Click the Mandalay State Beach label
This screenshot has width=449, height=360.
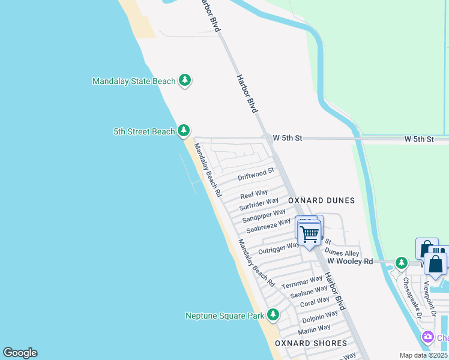tap(134, 81)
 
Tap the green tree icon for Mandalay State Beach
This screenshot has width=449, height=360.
tap(185, 80)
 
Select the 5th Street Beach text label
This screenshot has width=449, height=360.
tap(144, 131)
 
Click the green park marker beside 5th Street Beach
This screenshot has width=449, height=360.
tap(184, 131)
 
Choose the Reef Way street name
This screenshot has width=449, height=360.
tap(254, 194)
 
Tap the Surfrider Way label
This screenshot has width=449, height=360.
tap(259, 204)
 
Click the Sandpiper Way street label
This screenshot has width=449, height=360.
tap(264, 216)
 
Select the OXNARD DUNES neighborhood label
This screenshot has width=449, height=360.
tap(321, 200)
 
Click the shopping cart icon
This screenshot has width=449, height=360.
tap(309, 233)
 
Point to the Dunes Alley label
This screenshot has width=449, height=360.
tap(342, 253)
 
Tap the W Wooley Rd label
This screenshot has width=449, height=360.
tap(350, 262)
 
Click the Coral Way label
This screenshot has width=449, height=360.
tap(315, 301)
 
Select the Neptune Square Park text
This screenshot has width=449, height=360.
tap(225, 316)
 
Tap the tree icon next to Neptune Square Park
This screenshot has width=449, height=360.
tap(273, 314)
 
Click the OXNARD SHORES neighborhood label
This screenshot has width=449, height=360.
tap(311, 343)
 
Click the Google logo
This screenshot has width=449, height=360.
tap(20, 353)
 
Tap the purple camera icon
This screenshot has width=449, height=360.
tap(428, 337)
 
